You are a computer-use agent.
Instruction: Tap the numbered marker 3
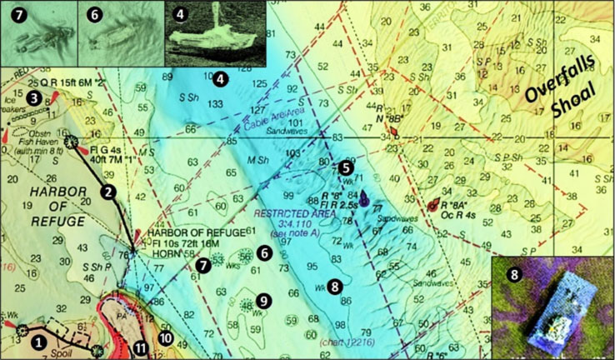(33, 98)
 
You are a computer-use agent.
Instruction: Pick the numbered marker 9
(263, 299)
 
